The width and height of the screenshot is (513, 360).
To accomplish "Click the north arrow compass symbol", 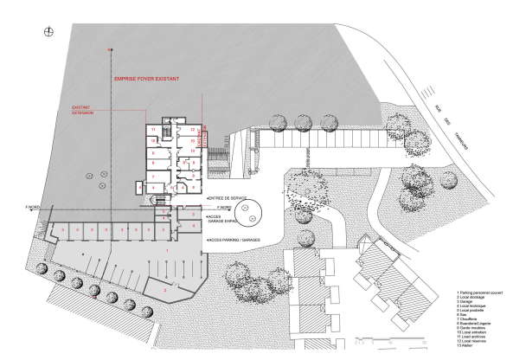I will click(x=49, y=33).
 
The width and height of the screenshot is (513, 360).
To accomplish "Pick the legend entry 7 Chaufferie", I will click(x=465, y=319).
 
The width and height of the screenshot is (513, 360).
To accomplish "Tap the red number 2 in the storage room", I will click(x=165, y=291).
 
